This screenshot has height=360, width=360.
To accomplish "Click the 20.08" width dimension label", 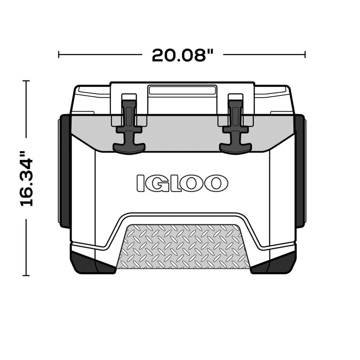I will tap(183, 55).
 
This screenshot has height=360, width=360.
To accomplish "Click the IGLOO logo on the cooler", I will tap(182, 183).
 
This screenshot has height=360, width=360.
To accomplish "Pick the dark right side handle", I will tap(300, 171).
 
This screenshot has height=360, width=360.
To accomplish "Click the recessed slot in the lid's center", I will tap(182, 90).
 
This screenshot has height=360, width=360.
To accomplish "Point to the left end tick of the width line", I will tap(59, 55).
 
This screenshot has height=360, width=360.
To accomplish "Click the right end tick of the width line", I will tap(305, 55).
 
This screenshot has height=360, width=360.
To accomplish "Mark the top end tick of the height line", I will tap(26, 81).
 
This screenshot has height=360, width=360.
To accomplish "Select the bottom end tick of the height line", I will tap(26, 274).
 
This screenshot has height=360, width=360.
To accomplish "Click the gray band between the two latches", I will tap(182, 133).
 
